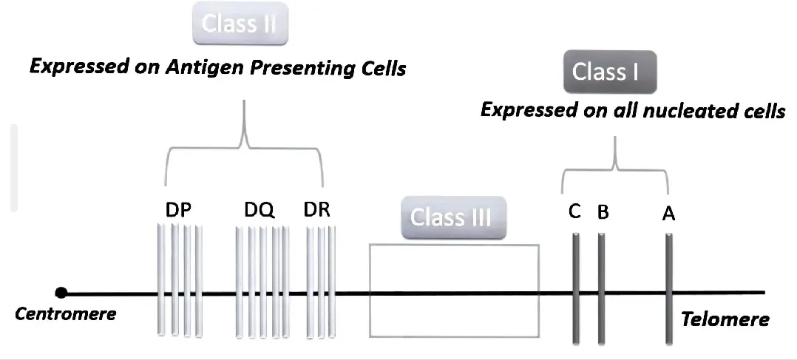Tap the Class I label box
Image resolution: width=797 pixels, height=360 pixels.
(610, 72)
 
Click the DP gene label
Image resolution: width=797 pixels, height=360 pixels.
(178, 211)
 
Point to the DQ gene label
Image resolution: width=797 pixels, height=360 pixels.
(260, 211)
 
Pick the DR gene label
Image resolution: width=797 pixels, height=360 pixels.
(317, 211)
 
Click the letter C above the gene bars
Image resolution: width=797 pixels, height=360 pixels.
(574, 212)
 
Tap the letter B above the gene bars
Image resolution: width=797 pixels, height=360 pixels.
(603, 213)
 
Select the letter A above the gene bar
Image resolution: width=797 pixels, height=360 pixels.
(668, 214)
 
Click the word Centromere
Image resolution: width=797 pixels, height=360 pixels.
(66, 313)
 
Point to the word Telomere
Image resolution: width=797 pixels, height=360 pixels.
(725, 319)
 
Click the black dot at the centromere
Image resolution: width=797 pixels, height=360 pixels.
(62, 293)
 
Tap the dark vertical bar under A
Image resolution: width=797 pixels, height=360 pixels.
(668, 288)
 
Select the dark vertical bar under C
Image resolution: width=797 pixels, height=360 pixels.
(575, 288)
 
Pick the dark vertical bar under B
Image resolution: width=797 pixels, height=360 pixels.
(602, 288)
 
